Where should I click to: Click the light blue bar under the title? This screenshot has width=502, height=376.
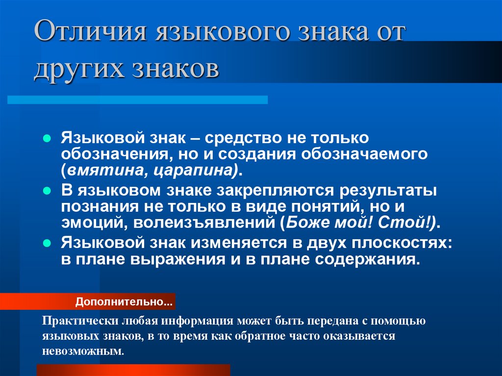tap(137, 100)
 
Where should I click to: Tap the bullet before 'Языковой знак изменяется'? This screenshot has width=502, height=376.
tap(47, 243)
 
